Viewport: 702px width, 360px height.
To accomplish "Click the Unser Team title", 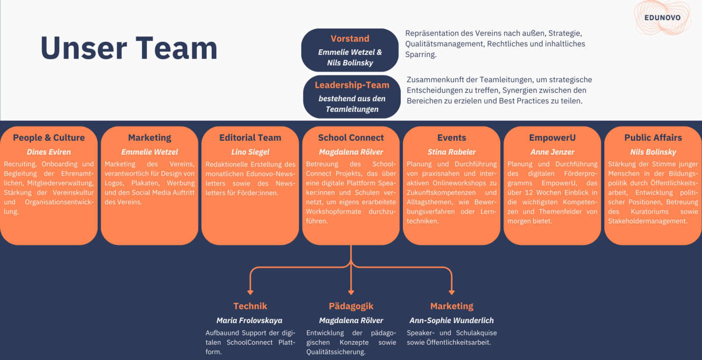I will coord(129,48).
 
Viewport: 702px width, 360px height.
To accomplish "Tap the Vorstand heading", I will coord(350,39).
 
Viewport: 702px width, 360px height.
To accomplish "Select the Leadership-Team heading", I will coord(352,85).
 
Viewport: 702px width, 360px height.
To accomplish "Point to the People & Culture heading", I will coord(49,138).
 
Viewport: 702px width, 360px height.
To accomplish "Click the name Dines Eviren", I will coord(49,152).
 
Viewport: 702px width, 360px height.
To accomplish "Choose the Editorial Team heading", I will coord(250,138).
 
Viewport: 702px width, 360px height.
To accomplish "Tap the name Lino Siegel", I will coord(250,152).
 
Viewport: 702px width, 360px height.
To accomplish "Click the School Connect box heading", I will coord(351,138).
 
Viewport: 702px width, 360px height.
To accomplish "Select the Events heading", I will coord(452,138).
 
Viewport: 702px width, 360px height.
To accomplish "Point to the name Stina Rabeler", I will coord(452,152).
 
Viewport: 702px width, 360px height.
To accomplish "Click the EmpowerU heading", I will coord(552,138).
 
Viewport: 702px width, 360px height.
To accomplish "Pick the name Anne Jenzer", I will coord(552,152).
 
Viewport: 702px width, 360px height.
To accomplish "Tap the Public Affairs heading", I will coord(653,138).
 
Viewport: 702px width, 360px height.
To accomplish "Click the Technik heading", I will coord(250,306).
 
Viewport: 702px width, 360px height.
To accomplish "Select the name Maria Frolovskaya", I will coord(249,320).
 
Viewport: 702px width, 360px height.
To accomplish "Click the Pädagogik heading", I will coord(351,306).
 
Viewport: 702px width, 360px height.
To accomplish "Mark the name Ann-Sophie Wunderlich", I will coord(452,320).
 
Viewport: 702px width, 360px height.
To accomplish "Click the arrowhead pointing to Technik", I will coord(250,292).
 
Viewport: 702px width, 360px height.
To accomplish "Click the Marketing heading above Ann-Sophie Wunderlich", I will coord(452,306).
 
